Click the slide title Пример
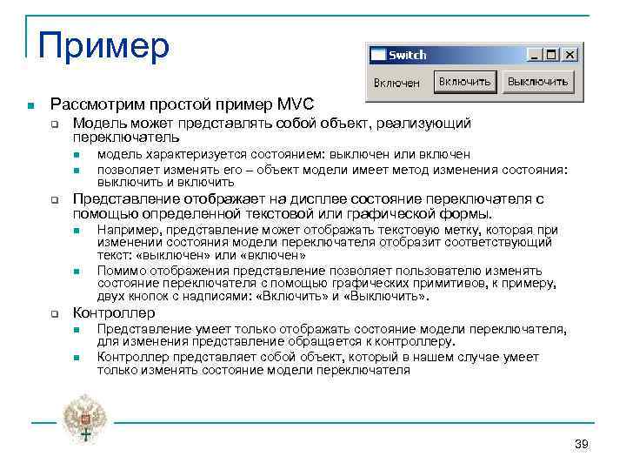103,45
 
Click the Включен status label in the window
396,83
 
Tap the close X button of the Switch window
569,55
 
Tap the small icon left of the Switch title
377,55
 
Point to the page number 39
582,445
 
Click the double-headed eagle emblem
83,417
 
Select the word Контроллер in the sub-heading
114,312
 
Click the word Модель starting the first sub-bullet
97,124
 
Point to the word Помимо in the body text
122,270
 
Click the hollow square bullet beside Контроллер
53,313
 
